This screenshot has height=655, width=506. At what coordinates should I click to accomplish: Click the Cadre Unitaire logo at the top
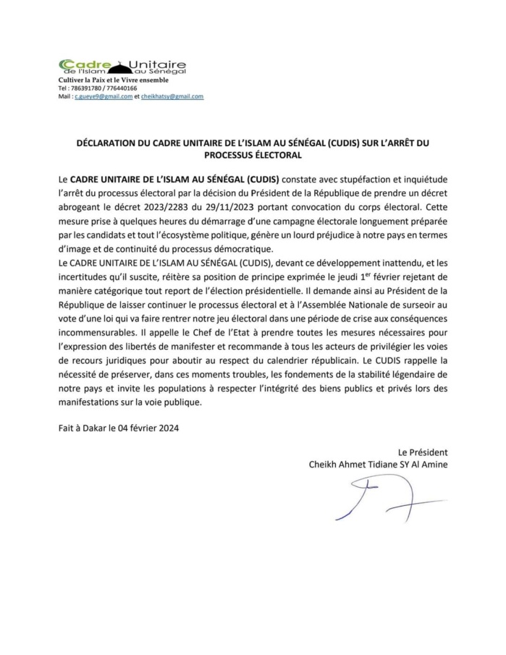[122, 67]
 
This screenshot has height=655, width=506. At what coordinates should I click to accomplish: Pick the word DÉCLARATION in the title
[106, 144]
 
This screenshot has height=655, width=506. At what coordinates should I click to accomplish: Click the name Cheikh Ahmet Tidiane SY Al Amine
[377, 465]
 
